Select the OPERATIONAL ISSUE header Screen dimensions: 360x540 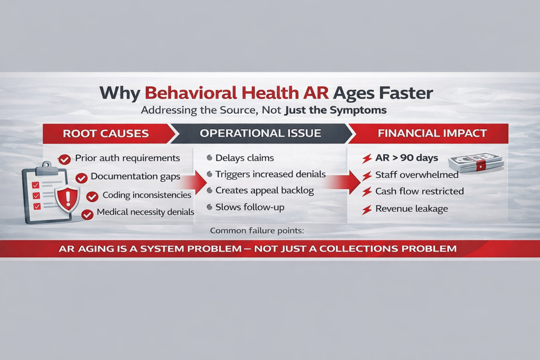click(260, 133)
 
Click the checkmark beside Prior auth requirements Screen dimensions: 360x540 click(64, 159)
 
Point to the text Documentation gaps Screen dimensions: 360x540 click(135, 177)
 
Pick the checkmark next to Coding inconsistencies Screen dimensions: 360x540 click(92, 197)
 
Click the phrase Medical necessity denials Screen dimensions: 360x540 click(145, 212)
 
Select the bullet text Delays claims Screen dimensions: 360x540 click(244, 158)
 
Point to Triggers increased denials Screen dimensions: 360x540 click(270, 174)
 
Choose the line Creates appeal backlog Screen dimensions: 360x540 click(264, 191)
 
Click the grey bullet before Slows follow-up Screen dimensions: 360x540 click(210, 208)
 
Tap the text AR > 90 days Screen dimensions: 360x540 click(406, 158)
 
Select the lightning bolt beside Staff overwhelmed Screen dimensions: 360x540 click(367, 175)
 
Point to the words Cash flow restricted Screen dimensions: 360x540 click(419, 191)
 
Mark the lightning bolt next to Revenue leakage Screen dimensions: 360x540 click(367, 210)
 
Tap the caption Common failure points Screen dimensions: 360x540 click(256, 231)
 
